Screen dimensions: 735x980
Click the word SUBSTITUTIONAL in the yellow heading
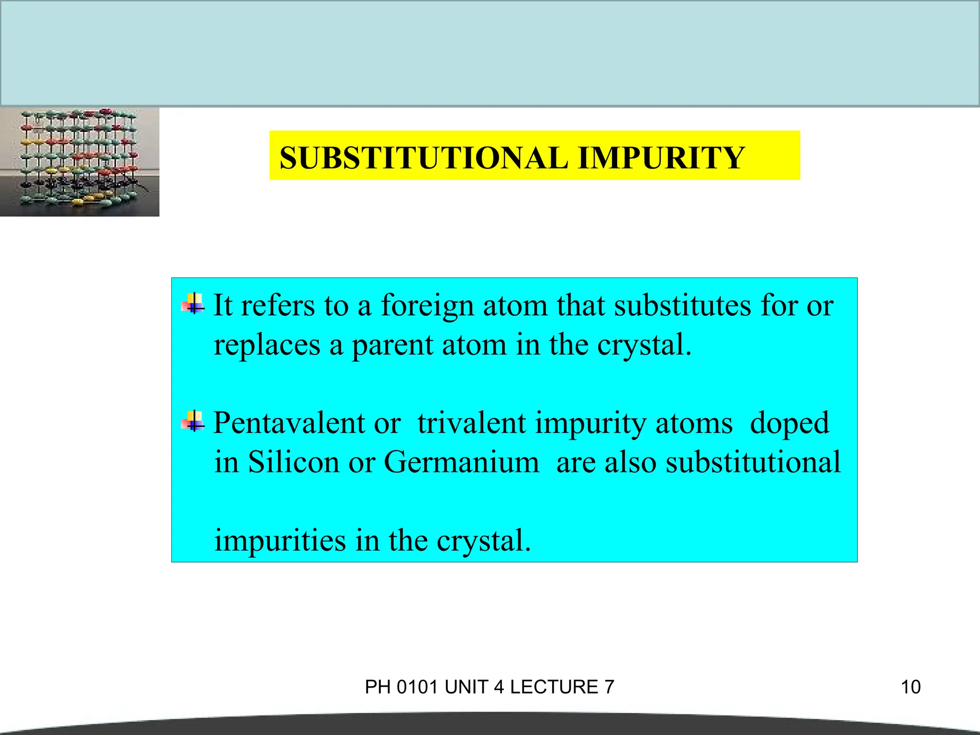tap(423, 158)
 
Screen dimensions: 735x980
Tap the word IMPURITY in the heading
tap(661, 158)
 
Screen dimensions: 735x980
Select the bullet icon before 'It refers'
tap(193, 303)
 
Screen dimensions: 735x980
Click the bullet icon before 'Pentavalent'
tap(193, 421)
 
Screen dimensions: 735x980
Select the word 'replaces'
tap(267, 345)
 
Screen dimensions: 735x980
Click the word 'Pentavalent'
tap(289, 423)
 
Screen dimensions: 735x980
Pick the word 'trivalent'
tap(471, 423)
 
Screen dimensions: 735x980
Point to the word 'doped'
tap(789, 424)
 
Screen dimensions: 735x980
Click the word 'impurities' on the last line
tap(280, 541)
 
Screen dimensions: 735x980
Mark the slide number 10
tap(911, 687)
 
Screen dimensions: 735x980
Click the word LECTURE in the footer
tap(554, 687)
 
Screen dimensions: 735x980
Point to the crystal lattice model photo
tap(79, 162)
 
